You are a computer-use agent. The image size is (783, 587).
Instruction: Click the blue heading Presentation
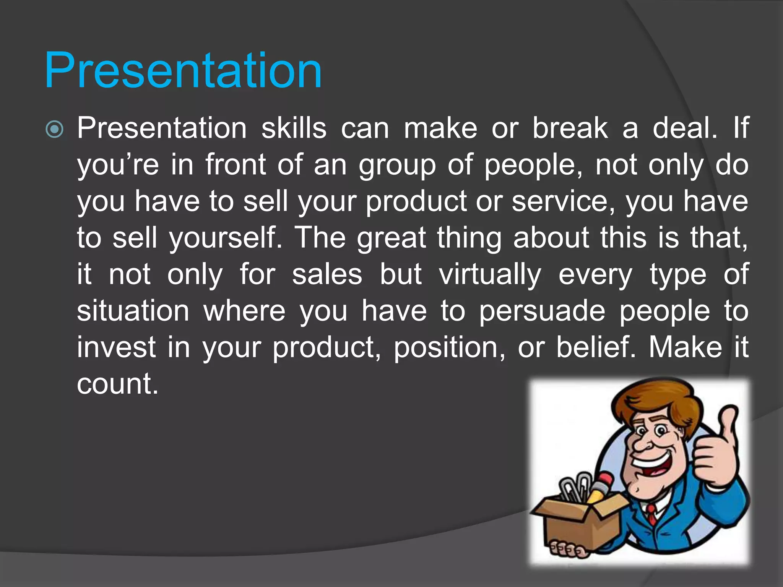click(x=183, y=71)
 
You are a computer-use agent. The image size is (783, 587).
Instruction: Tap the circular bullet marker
click(x=54, y=130)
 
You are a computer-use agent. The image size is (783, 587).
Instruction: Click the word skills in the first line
click(x=294, y=128)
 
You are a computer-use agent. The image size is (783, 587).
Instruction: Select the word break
click(x=570, y=128)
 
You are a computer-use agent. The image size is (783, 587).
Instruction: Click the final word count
click(x=117, y=384)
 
